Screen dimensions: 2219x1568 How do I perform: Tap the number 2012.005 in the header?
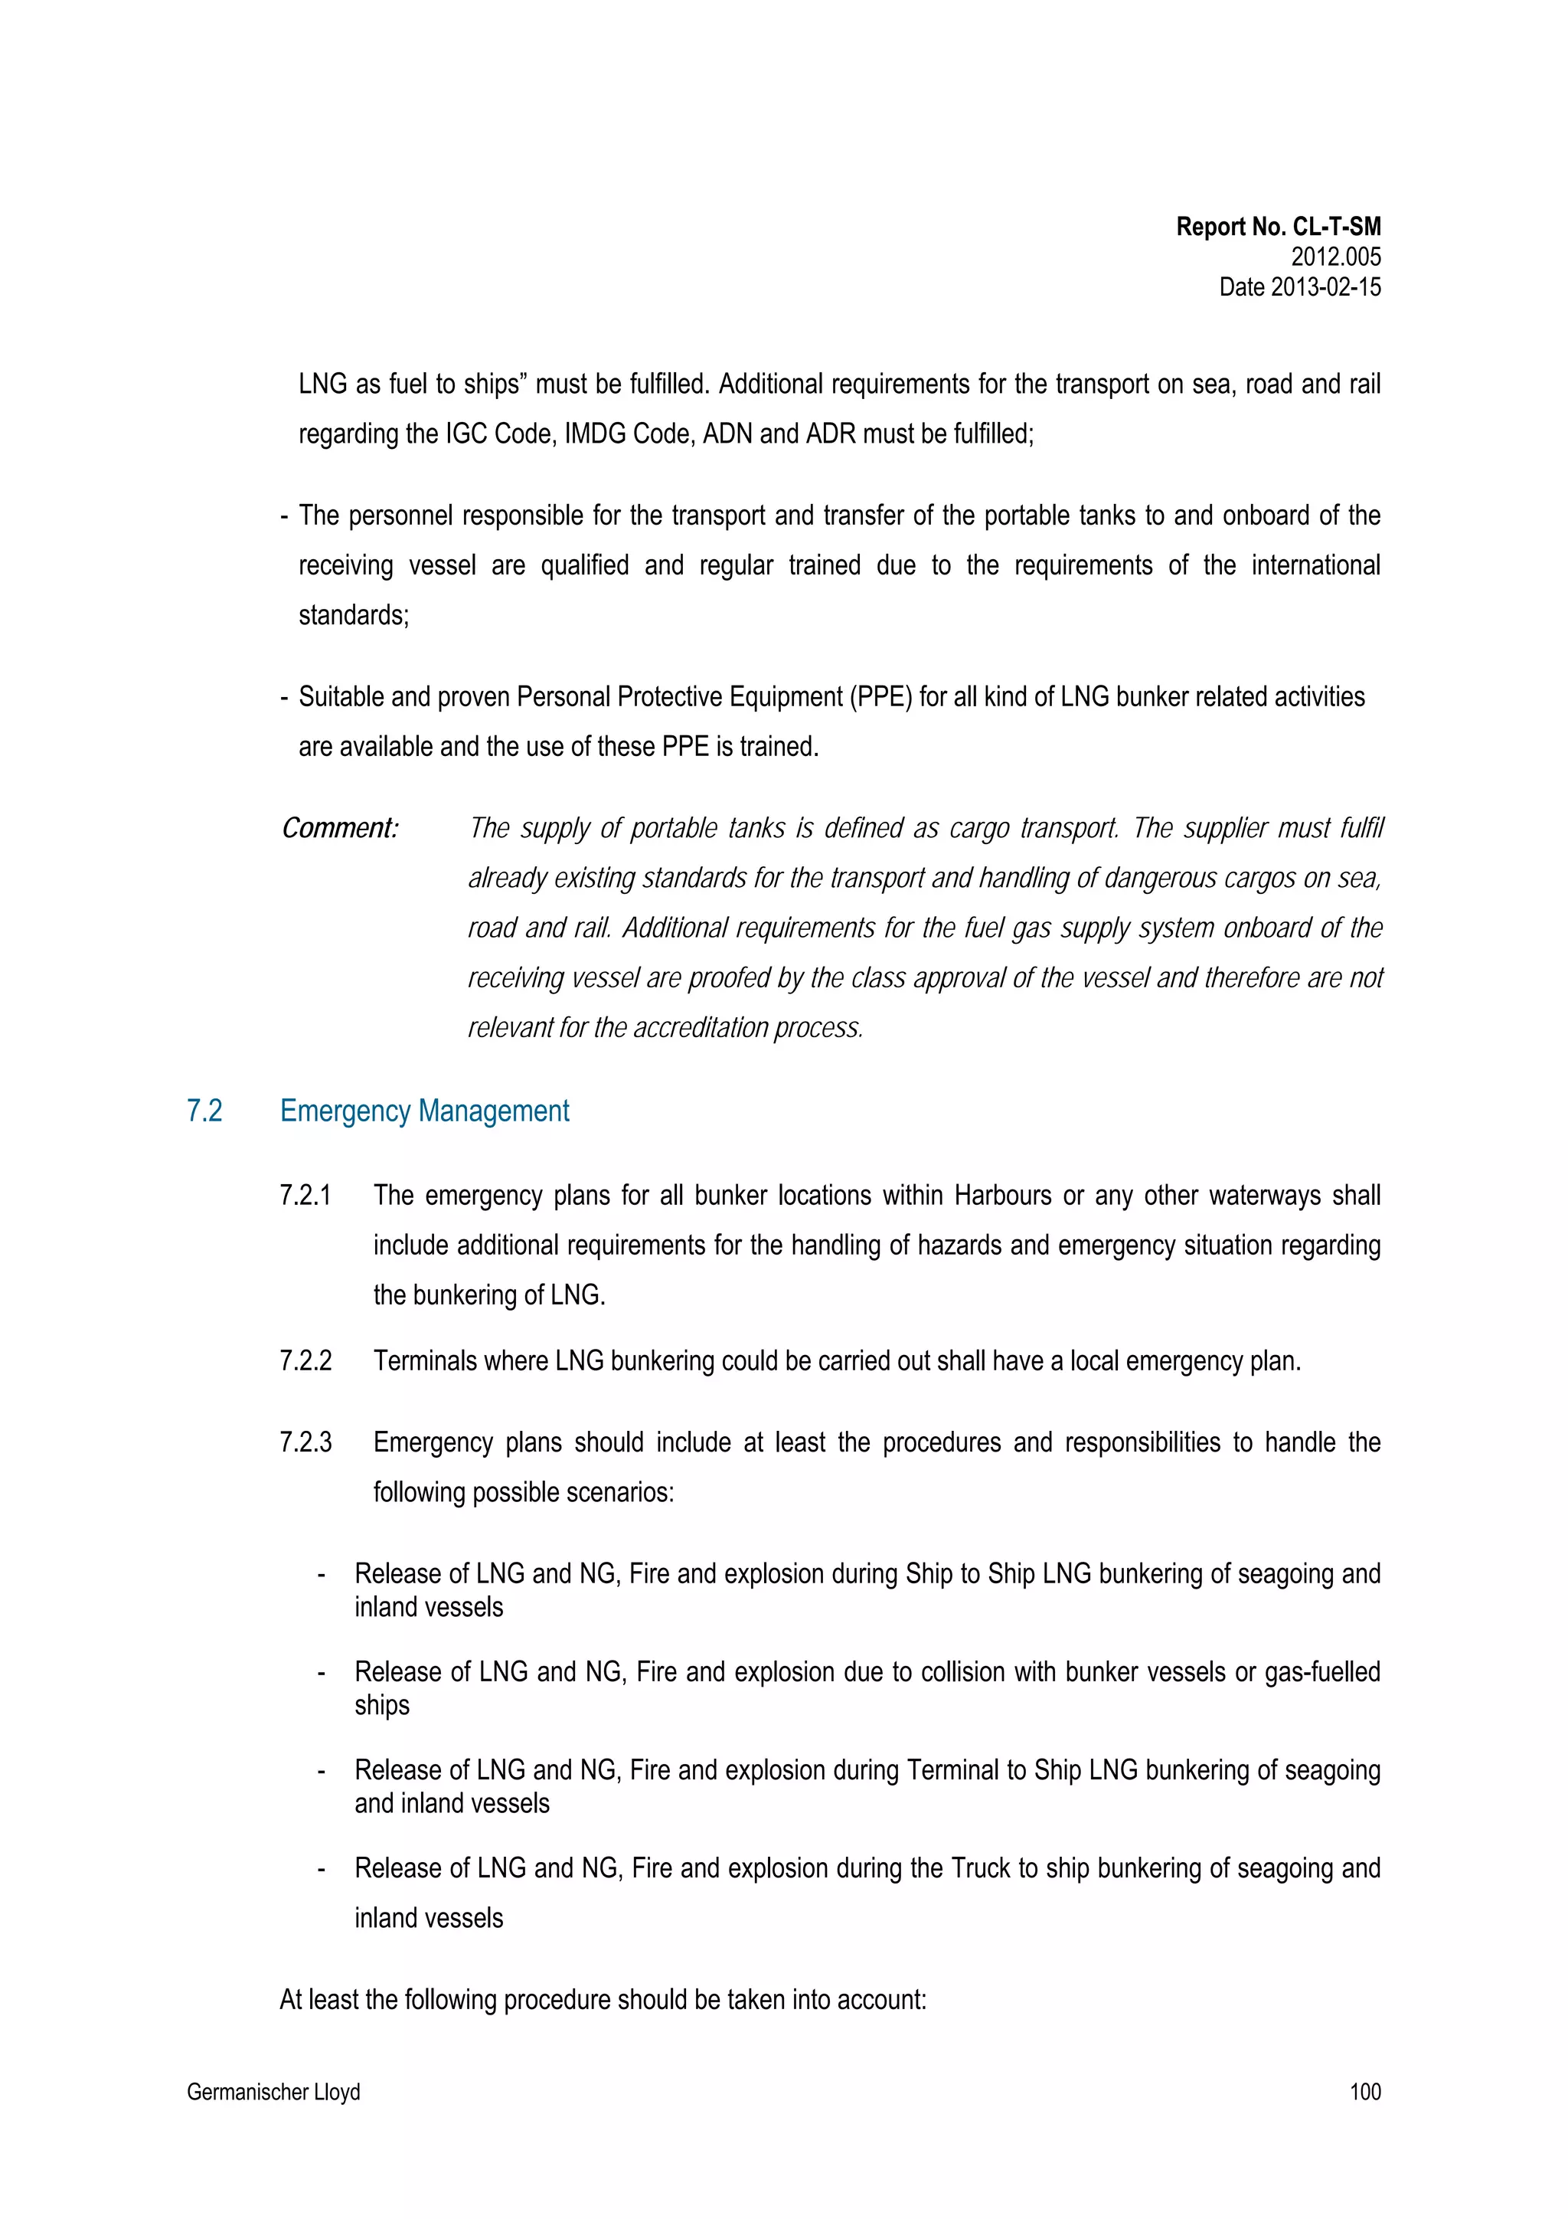[1335, 257]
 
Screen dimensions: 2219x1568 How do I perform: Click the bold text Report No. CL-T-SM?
[1278, 227]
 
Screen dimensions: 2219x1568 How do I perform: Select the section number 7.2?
[205, 1111]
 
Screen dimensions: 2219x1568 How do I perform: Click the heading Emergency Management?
[424, 1111]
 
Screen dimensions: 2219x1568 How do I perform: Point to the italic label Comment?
[340, 828]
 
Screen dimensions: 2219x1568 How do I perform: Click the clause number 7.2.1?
[305, 1196]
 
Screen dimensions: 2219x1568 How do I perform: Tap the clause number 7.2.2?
[305, 1361]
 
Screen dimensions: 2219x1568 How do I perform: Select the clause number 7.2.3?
[305, 1443]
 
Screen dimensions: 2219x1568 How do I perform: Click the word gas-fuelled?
[1321, 1672]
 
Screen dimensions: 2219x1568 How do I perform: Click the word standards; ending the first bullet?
[354, 616]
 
